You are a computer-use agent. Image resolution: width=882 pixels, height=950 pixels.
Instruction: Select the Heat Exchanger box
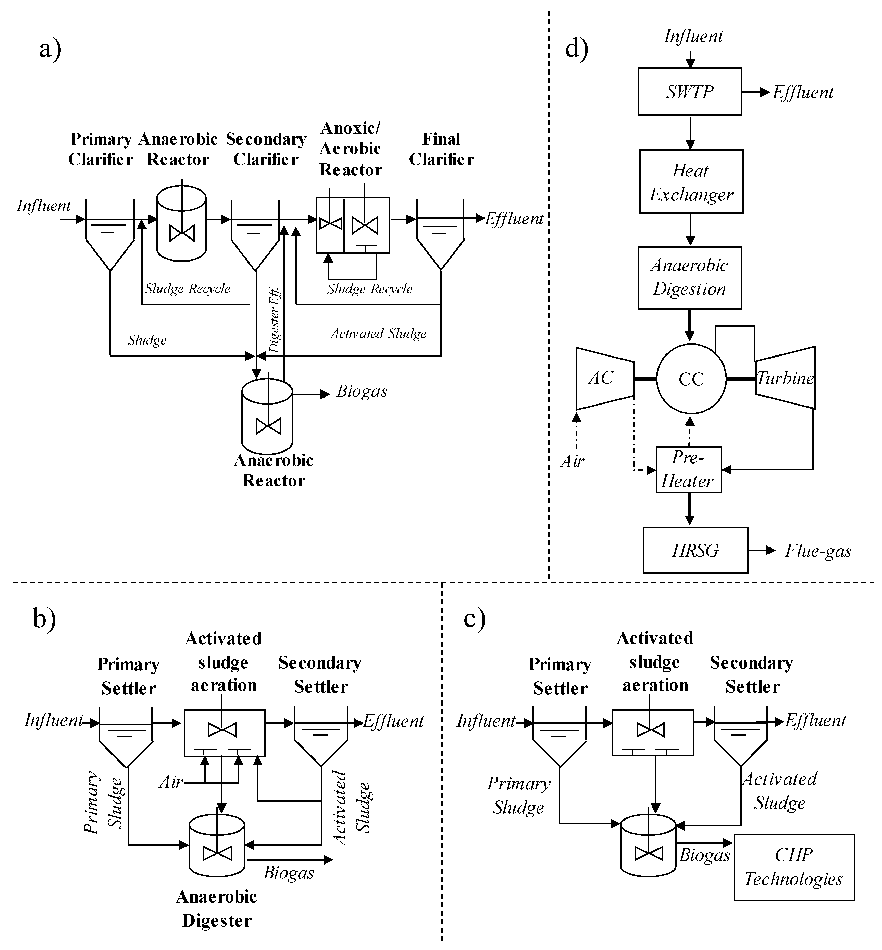point(691,182)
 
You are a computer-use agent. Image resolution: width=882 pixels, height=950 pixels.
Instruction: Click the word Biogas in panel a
point(362,391)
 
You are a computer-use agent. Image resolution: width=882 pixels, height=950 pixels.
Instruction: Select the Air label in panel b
point(171,782)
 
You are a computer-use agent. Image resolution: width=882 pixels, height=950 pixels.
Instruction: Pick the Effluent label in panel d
point(803,92)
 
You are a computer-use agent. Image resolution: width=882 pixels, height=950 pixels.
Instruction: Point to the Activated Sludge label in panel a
point(378,333)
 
